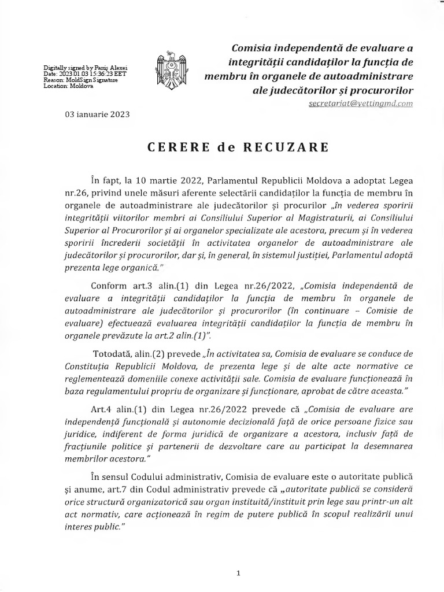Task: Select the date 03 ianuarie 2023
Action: (97, 114)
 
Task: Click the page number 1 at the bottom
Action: (238, 573)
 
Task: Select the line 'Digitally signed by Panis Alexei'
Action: (85, 68)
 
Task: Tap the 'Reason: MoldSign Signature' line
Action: (80, 80)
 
